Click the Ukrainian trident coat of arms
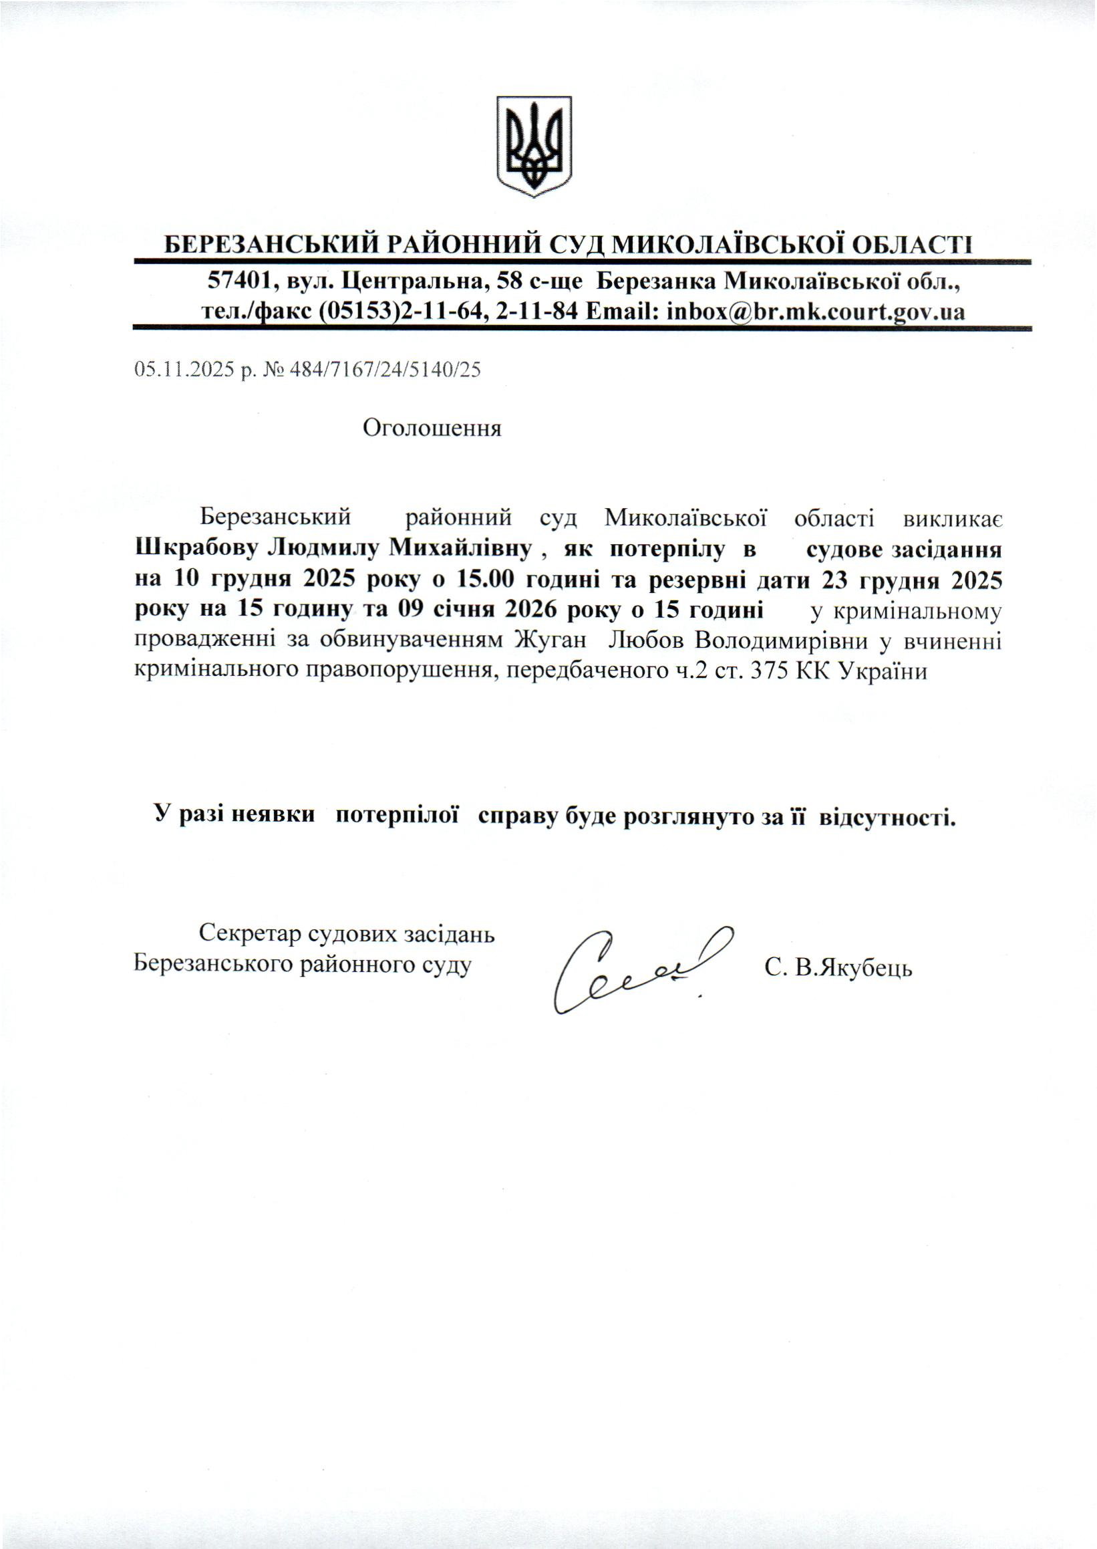point(534,146)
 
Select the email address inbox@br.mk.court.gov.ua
point(814,312)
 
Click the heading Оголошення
point(432,428)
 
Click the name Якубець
point(863,969)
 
